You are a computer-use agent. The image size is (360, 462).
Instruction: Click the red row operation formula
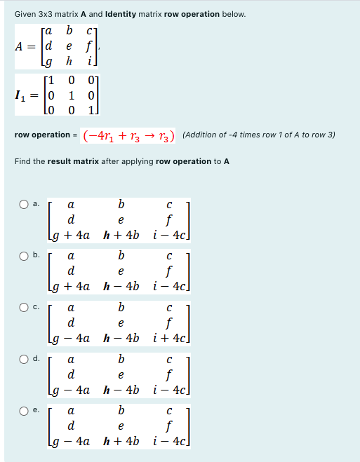coord(129,135)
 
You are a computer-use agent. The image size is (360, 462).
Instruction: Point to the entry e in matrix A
coord(69,46)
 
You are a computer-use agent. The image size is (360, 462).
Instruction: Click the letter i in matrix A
coord(85,60)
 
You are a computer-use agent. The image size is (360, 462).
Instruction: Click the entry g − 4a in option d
coord(69,388)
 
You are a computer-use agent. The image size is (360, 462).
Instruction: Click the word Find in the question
coord(22,161)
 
